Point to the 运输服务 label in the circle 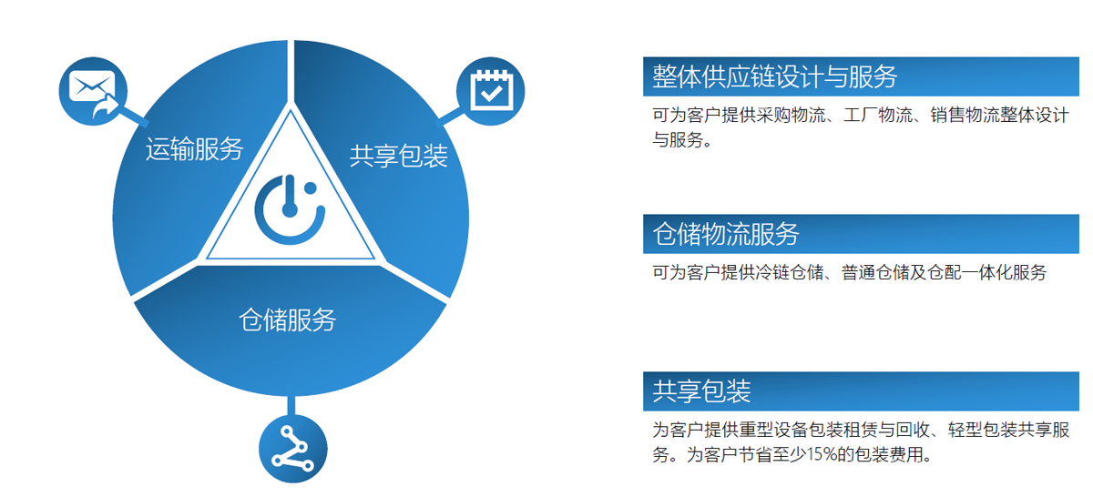point(195,148)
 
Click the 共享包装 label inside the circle point(399,156)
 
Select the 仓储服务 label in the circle point(288,319)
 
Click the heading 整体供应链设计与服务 point(775,76)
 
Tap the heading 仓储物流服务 point(726,234)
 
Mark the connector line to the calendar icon point(449,117)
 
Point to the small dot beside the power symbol point(311,188)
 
